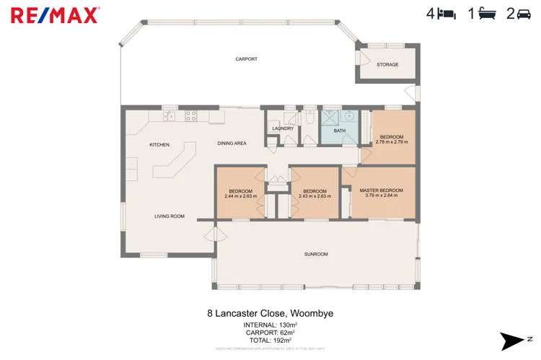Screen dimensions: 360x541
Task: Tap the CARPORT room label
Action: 247,59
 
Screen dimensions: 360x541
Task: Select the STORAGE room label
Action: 387,65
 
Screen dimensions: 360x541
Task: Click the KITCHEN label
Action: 159,145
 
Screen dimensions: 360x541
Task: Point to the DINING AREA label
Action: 232,144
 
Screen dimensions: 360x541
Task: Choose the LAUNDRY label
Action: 282,128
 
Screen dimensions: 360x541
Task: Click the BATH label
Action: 339,131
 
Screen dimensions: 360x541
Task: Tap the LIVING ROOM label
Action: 170,216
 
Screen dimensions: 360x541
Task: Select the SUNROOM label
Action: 316,254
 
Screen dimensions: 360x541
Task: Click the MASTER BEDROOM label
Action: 382,190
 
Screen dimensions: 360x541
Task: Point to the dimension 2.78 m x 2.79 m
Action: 392,141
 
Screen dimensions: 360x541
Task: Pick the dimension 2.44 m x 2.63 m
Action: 241,196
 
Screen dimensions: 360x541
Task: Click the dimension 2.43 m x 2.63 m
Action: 315,196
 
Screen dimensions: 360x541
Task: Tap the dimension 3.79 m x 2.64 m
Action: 382,196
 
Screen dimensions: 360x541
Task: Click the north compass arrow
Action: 515,339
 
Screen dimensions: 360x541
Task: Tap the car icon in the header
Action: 523,13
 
